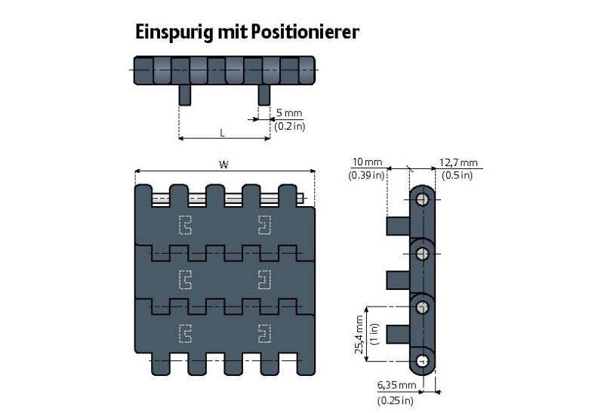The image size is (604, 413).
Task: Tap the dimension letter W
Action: (223, 164)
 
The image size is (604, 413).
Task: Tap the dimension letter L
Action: (222, 132)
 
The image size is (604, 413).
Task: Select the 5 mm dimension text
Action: (288, 113)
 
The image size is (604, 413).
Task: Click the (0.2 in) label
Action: (290, 126)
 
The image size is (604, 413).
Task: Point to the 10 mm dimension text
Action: (367, 162)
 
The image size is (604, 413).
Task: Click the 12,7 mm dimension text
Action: (458, 162)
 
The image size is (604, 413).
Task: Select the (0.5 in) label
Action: (458, 175)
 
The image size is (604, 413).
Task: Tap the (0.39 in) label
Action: (367, 175)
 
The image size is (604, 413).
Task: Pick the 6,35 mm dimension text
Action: (396, 386)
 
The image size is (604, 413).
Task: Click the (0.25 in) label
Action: (396, 399)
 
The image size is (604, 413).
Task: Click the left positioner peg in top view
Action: (185, 95)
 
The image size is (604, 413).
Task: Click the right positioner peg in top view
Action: (264, 95)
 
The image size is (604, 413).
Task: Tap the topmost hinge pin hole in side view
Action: (422, 199)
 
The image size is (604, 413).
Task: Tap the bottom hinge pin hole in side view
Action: (422, 360)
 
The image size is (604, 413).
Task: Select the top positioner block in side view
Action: (398, 225)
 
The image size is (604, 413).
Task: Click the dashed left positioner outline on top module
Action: (185, 224)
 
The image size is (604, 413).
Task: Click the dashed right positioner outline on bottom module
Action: (264, 332)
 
